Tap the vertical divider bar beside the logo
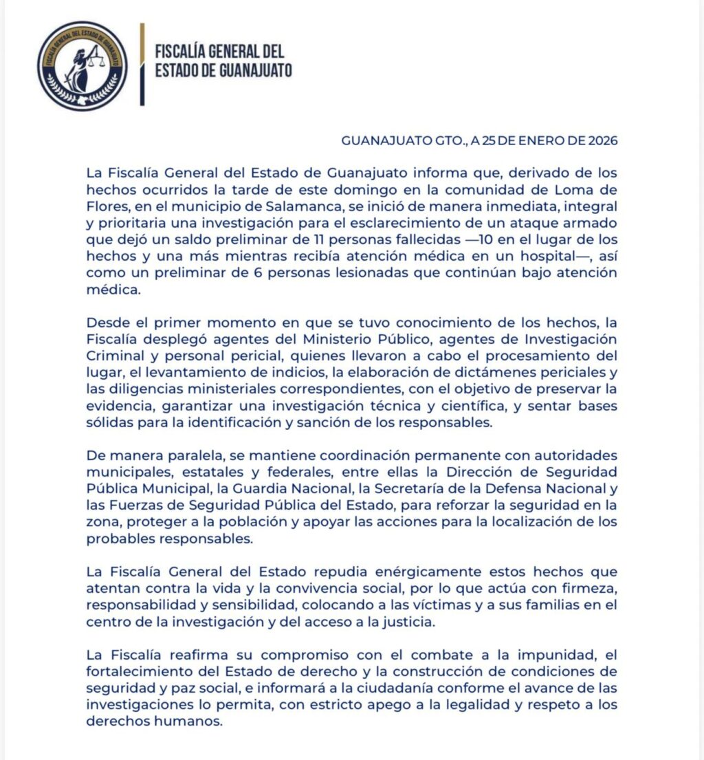tap(142, 65)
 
